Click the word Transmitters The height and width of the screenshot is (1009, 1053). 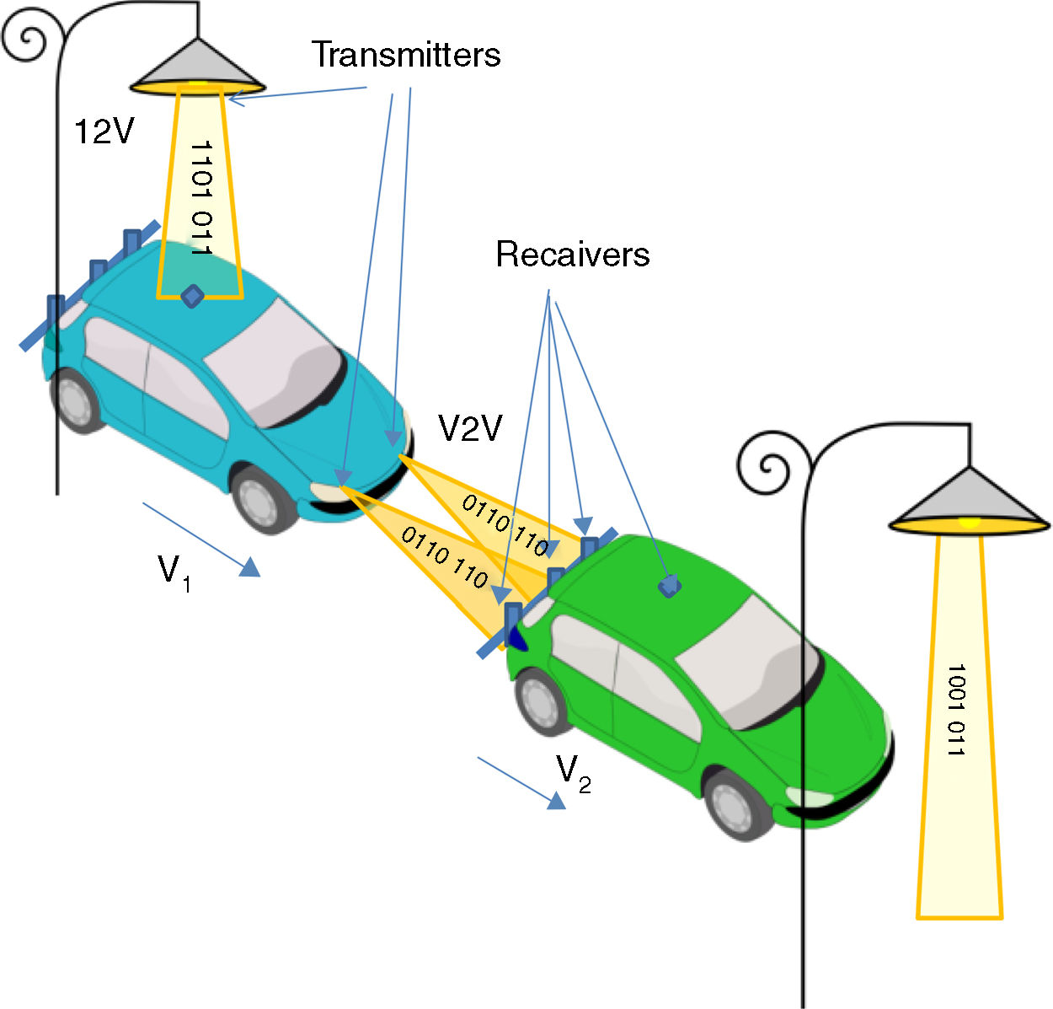point(406,55)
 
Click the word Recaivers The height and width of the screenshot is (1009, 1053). point(573,255)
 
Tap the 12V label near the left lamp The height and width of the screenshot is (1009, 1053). point(104,131)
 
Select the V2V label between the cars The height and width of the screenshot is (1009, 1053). point(470,429)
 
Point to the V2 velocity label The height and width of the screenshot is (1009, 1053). point(573,774)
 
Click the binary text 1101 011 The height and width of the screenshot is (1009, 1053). point(200,198)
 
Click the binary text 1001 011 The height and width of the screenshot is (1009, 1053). point(956,710)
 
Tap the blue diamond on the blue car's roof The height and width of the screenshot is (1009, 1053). point(193,296)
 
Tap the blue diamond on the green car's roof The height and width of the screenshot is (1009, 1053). point(670,585)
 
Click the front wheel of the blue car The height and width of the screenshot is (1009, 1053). point(264,500)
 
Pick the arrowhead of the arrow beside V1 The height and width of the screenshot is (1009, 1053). point(249,569)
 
